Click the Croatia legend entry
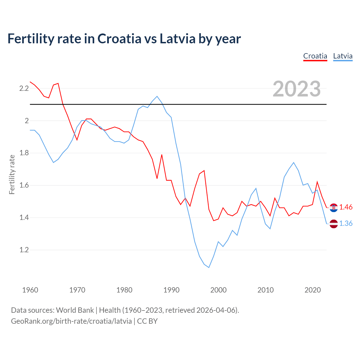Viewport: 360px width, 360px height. pyautogui.click(x=315, y=56)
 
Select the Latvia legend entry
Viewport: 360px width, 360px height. pyautogui.click(x=343, y=56)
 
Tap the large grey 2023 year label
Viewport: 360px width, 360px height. pyautogui.click(x=297, y=89)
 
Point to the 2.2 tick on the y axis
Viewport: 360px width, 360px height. pyautogui.click(x=24, y=89)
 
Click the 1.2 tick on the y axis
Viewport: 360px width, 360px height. pyautogui.click(x=24, y=250)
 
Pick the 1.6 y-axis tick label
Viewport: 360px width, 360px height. pyautogui.click(x=24, y=185)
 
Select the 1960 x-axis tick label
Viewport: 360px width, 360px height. pyautogui.click(x=30, y=290)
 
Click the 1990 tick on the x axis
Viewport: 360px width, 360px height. pyautogui.click(x=171, y=290)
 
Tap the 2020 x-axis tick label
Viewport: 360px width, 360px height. pyautogui.click(x=312, y=290)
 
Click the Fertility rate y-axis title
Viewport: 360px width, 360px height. pyautogui.click(x=12, y=174)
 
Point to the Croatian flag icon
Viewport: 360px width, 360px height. pyautogui.click(x=334, y=208)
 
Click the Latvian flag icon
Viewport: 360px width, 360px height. pyautogui.click(x=334, y=224)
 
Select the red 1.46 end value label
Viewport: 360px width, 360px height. pyautogui.click(x=346, y=207)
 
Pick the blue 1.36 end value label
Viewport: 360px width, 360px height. pyautogui.click(x=346, y=223)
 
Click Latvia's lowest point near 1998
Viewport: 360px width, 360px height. pyautogui.click(x=209, y=267)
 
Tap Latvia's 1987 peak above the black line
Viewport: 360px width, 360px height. pyautogui.click(x=157, y=96)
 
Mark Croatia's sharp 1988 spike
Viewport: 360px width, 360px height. pyautogui.click(x=162, y=155)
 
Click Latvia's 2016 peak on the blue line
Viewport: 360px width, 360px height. pyautogui.click(x=294, y=163)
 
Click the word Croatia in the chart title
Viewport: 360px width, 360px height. pyautogui.click(x=119, y=39)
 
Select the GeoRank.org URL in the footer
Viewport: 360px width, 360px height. pyautogui.click(x=71, y=321)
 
